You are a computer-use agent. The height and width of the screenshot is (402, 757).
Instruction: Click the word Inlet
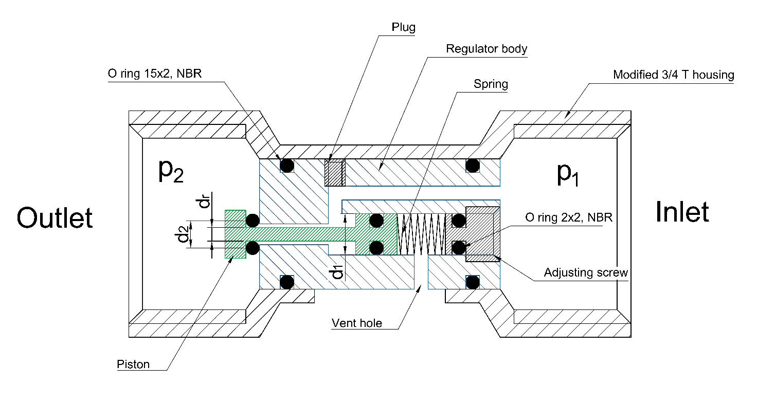[x=682, y=212]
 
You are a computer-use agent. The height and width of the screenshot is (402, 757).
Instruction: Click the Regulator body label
[x=486, y=49]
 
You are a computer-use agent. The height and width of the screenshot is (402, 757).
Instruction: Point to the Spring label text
[x=491, y=84]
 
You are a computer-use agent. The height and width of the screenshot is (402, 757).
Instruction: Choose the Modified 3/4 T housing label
[x=673, y=75]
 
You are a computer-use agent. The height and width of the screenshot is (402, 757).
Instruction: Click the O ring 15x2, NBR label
[x=155, y=74]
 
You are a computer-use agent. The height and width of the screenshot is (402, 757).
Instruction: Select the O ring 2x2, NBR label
[x=569, y=217]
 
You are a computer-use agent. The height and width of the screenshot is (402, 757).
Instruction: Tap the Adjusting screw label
[x=586, y=272]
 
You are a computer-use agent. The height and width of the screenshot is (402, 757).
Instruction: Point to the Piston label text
[x=133, y=364]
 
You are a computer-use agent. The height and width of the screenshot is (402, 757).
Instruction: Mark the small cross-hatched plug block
[x=334, y=173]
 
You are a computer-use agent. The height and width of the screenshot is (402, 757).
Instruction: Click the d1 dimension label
[x=337, y=272]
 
